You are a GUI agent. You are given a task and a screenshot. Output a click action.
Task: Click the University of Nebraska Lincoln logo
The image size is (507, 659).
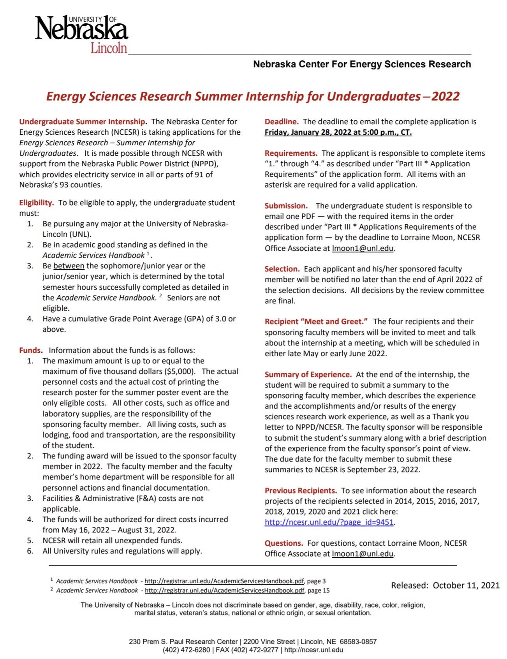point(82,34)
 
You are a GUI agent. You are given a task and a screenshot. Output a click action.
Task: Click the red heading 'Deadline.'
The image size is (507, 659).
point(282,122)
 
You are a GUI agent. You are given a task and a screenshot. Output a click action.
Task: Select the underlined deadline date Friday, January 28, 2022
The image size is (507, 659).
point(338,132)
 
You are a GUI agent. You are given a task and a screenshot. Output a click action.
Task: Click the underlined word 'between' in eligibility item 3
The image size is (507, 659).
point(69,266)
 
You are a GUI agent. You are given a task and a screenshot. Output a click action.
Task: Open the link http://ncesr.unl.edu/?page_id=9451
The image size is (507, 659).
point(329,522)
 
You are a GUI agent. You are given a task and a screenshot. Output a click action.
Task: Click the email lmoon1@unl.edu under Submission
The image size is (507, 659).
point(363,248)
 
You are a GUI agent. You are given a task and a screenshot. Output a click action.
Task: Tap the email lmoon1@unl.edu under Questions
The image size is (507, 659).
point(363,554)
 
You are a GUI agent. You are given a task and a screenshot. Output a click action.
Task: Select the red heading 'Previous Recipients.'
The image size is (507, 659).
point(301,491)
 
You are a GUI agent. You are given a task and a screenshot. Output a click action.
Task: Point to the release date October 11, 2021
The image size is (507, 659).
point(466,585)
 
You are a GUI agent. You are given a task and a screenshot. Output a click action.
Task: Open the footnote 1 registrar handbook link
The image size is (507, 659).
point(224,581)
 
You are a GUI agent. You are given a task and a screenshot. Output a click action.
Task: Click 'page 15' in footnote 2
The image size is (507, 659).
point(319,590)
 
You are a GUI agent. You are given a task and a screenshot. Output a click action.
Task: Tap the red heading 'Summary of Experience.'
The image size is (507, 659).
point(308,375)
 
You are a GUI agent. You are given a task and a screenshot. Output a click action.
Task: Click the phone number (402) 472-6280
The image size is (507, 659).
point(186,650)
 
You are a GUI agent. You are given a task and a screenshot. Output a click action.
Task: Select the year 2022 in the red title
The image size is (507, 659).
point(445,97)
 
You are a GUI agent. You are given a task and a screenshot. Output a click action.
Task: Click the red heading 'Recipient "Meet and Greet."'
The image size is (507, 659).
point(316,322)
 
